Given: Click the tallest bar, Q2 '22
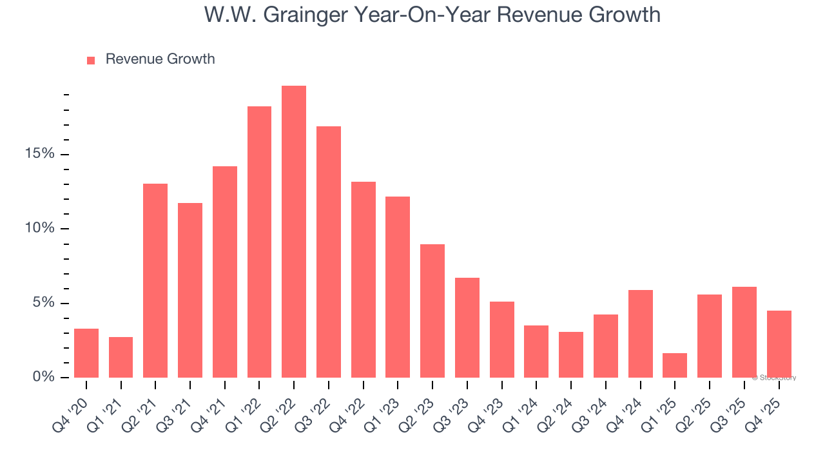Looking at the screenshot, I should [x=294, y=231].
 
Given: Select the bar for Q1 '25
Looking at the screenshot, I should [x=675, y=365].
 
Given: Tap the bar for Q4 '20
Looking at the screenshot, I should [x=86, y=353].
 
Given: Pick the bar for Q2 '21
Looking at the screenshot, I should [x=155, y=280].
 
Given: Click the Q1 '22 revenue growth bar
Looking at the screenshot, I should [x=259, y=242].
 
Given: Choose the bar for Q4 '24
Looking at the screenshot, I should [x=641, y=334].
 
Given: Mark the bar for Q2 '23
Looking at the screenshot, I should [x=432, y=311].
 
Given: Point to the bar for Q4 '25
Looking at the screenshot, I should [x=779, y=344].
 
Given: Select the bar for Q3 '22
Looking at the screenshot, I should [x=329, y=252].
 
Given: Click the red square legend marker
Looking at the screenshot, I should [x=91, y=60].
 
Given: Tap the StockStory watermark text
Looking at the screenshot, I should [x=774, y=378].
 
